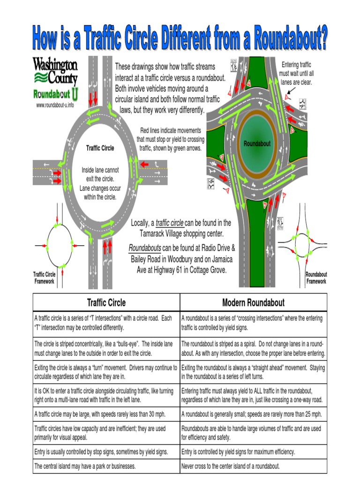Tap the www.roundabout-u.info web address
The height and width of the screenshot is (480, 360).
[55, 105]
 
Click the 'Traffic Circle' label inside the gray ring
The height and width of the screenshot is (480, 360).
[100, 148]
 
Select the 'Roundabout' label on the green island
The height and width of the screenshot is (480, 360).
[257, 144]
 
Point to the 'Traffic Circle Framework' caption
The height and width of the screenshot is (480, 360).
[44, 278]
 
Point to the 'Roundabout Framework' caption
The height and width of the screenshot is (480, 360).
[316, 278]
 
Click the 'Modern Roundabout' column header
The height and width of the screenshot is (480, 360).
[253, 302]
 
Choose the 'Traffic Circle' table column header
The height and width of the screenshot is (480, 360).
[106, 302]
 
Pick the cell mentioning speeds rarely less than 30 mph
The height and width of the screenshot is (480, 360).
[106, 414]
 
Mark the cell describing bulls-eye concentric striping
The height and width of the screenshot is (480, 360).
[106, 348]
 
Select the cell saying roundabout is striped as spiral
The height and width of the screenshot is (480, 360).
[253, 348]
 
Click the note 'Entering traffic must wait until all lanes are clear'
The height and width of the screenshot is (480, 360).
[296, 73]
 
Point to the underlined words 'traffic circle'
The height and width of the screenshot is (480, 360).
[169, 223]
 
